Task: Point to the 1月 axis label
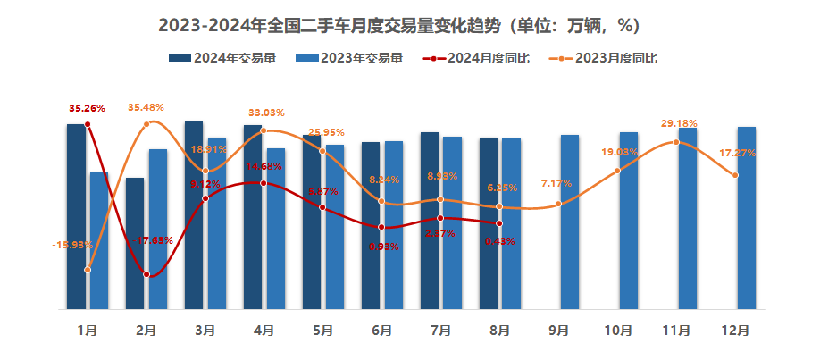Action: (88, 331)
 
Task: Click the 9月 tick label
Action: (558, 331)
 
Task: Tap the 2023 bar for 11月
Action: (687, 218)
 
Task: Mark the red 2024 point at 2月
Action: (146, 275)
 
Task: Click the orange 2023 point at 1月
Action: (88, 270)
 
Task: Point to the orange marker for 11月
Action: (676, 143)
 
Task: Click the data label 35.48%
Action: (146, 107)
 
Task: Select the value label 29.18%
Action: (679, 123)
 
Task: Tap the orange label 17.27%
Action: (738, 154)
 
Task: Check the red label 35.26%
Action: (88, 108)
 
